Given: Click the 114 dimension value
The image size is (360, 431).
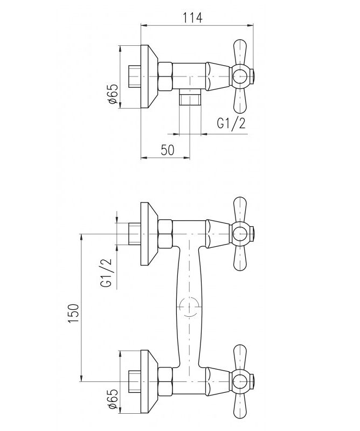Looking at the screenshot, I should pyautogui.click(x=193, y=17).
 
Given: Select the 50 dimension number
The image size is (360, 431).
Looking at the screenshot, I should pyautogui.click(x=167, y=150).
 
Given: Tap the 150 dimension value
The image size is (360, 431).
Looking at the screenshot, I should pyautogui.click(x=73, y=313).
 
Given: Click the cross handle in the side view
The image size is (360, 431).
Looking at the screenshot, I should pyautogui.click(x=240, y=75).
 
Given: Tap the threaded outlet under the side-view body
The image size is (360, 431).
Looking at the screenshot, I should pyautogui.click(x=190, y=99).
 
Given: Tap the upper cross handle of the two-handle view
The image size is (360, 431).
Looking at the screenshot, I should pyautogui.click(x=240, y=234).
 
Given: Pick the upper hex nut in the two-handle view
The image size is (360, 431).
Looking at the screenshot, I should pyautogui.click(x=166, y=234).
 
